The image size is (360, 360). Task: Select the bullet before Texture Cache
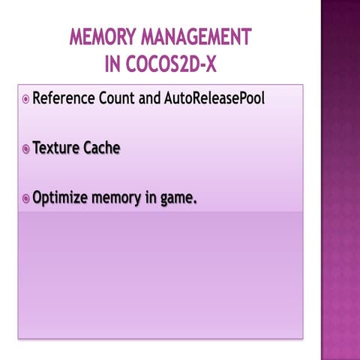[25, 149]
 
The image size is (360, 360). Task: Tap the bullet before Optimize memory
[25, 199]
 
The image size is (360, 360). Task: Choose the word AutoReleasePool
[214, 99]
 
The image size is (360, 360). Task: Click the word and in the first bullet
[150, 99]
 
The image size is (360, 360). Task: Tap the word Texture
[57, 148]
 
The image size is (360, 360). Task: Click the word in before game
[152, 199]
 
